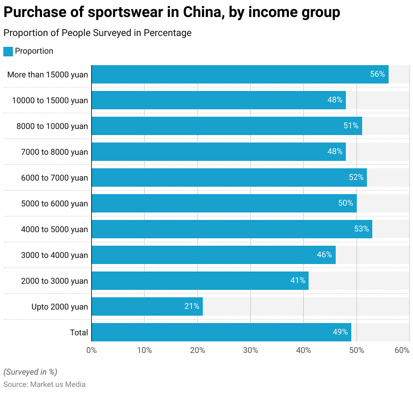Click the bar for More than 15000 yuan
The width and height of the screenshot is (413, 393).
[x=240, y=74]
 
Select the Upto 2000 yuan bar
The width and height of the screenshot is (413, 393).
[x=147, y=306]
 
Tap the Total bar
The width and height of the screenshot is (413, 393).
[x=221, y=332]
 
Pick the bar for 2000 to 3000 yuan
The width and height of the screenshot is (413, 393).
[x=200, y=281]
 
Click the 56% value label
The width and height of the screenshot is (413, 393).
[x=377, y=74]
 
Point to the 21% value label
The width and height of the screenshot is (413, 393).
[x=192, y=306]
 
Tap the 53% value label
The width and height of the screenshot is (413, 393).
[x=361, y=229]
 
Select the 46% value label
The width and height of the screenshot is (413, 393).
[x=324, y=255]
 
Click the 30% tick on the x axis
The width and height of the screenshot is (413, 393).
[x=251, y=351]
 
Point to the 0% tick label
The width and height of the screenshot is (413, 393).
[x=92, y=351]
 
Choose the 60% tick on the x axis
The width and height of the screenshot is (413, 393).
[x=402, y=351]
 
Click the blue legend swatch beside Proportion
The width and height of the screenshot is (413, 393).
[x=8, y=51]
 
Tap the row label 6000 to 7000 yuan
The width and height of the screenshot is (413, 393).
[x=55, y=177]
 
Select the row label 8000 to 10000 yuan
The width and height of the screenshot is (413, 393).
[x=52, y=126]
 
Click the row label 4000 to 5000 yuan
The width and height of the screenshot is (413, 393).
[x=55, y=229]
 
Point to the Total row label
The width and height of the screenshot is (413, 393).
[x=79, y=332]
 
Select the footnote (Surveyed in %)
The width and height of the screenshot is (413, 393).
[x=30, y=372]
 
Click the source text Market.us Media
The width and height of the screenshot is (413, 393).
[x=58, y=385]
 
